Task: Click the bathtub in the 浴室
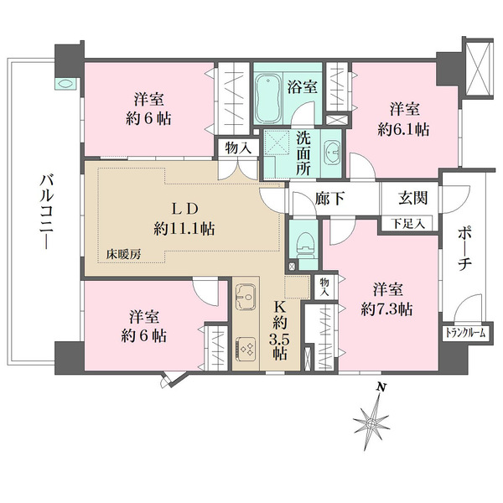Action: [268, 98]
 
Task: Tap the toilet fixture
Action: [303, 244]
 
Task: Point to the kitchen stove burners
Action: [246, 348]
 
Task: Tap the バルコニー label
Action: [45, 212]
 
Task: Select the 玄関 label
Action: [412, 197]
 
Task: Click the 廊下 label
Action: [329, 198]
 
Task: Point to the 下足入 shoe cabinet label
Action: [407, 224]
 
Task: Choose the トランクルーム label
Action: [464, 334]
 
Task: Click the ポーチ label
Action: [464, 248]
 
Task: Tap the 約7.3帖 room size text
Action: [386, 309]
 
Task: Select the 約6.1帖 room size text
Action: [403, 130]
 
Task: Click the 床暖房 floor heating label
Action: [123, 254]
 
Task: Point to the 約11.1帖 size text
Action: [184, 229]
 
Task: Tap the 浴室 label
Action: [302, 86]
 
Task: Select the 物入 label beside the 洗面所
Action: [238, 148]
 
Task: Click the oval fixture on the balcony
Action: [65, 85]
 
